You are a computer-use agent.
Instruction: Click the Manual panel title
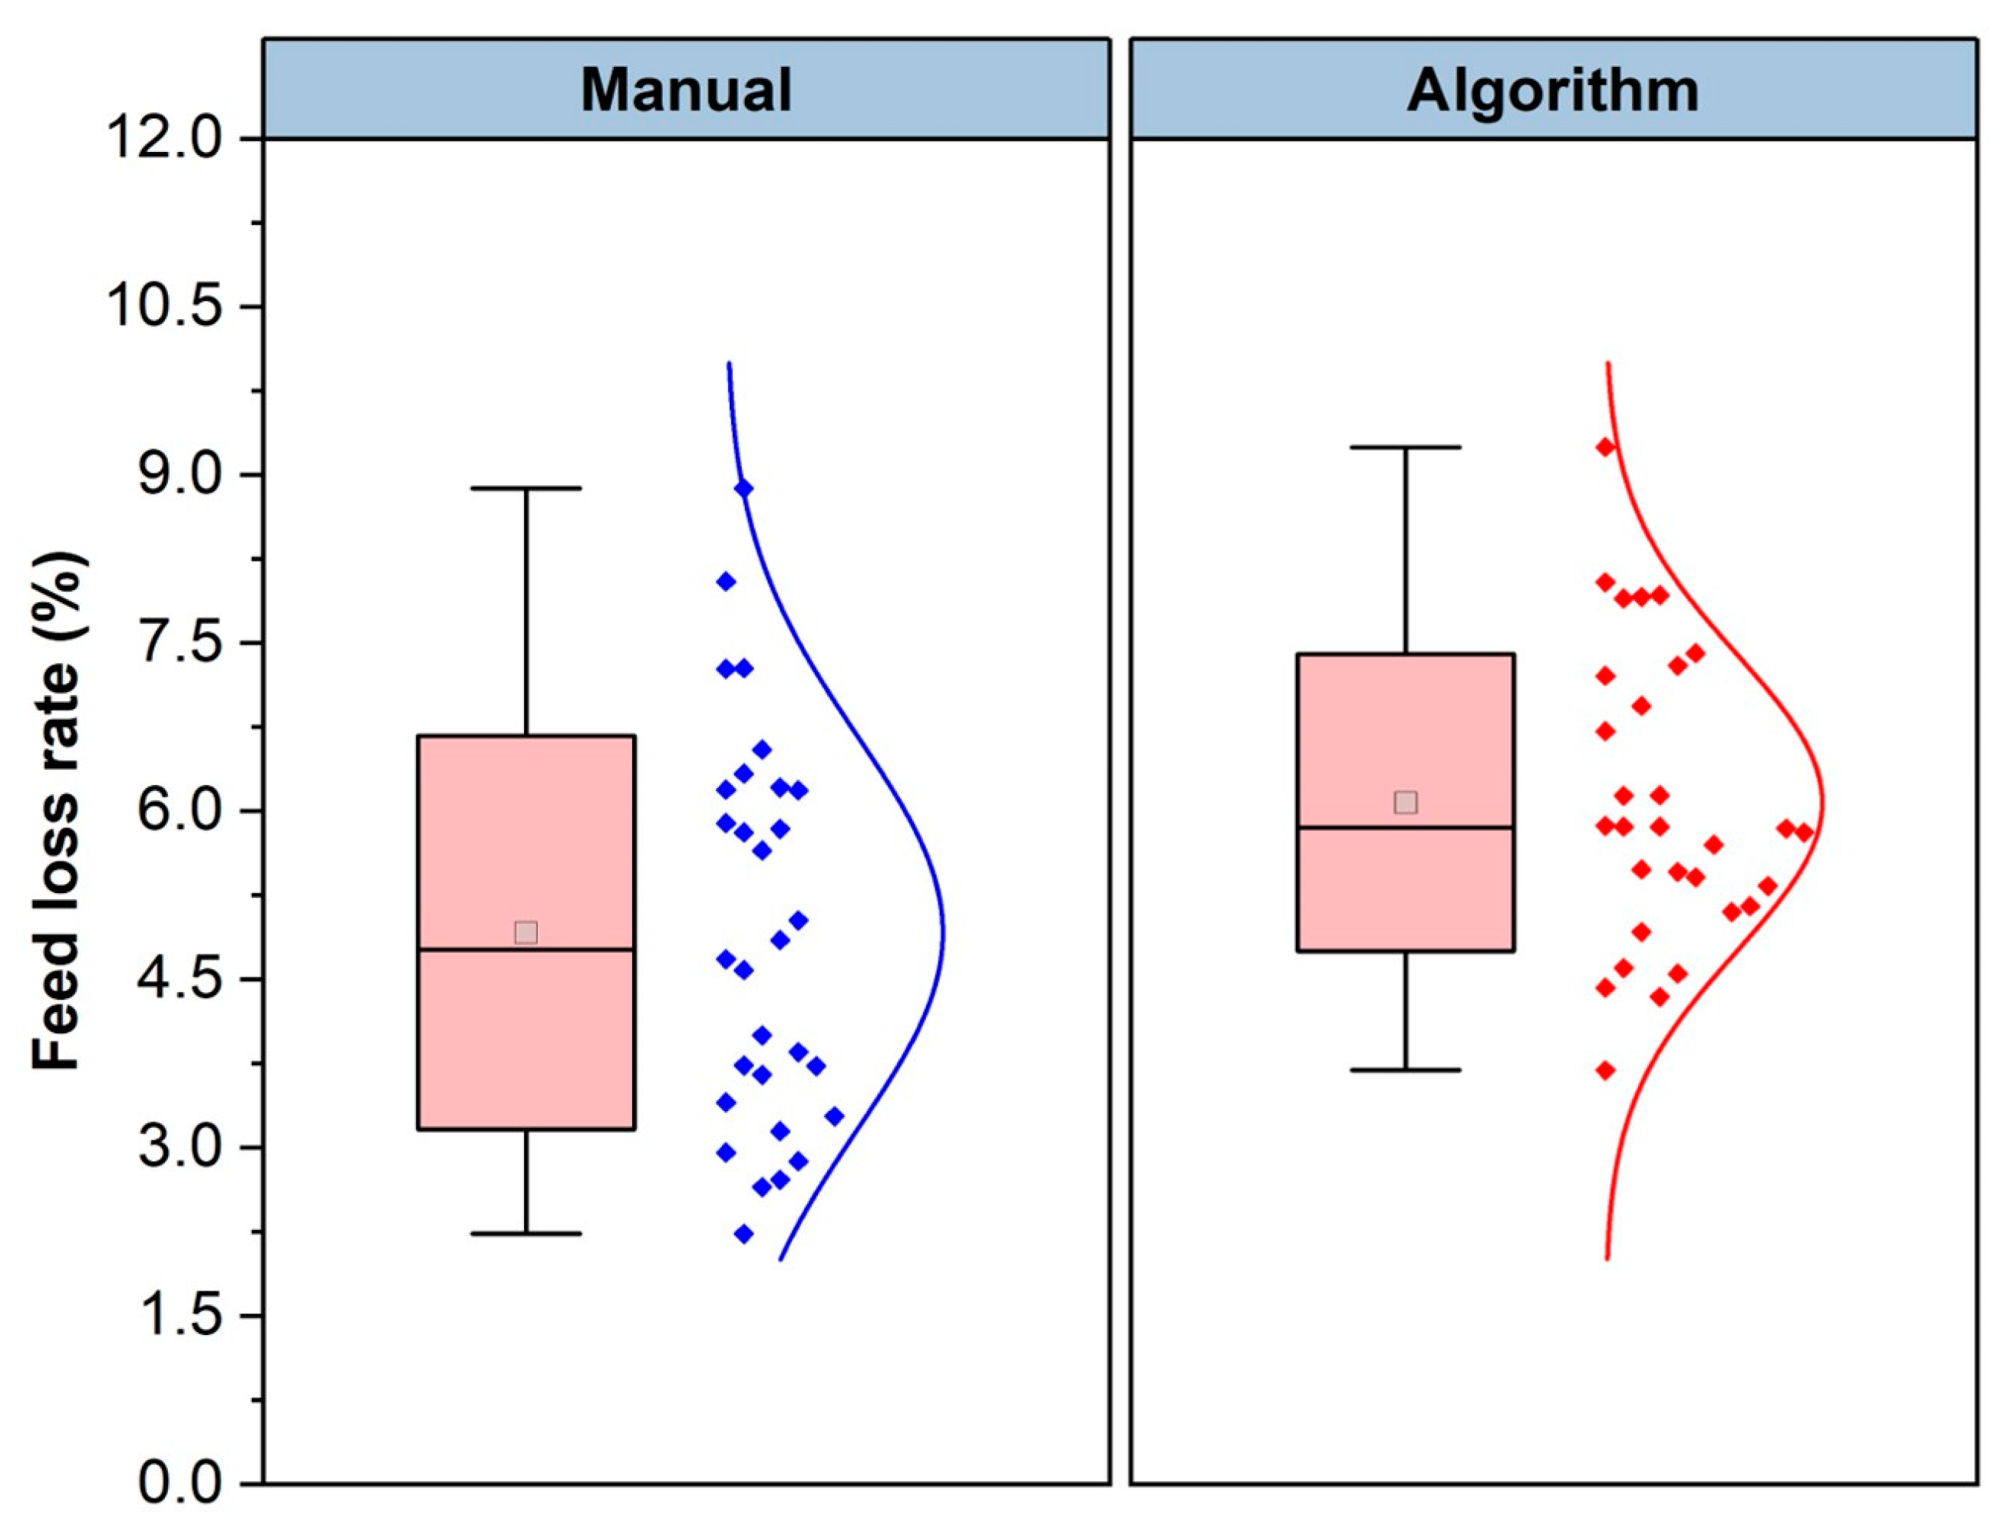coord(686,91)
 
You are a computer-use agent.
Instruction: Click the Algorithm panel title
coord(1552,91)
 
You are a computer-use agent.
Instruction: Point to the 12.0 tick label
coord(165,140)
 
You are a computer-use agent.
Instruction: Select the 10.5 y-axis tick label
coord(165,308)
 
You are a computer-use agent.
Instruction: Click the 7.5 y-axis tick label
coord(180,643)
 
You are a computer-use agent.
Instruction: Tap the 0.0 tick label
coord(180,1483)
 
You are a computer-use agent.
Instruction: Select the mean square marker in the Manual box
coord(526,932)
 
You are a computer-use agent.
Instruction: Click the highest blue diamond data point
coord(743,489)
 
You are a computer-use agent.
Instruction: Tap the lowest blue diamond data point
coord(743,1234)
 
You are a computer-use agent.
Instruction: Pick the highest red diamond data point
coord(1606,447)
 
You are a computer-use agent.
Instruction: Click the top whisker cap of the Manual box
coord(526,489)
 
